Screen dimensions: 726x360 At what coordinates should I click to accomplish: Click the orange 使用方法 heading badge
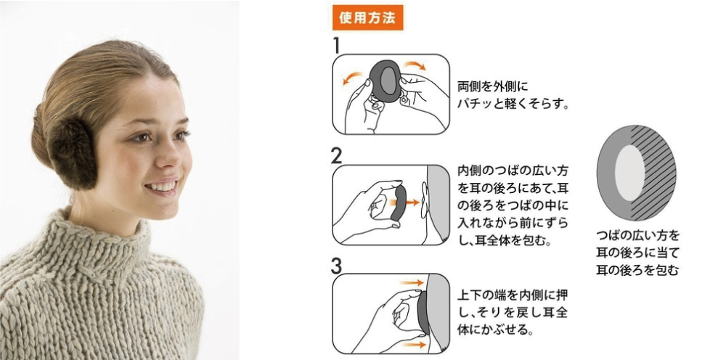(x=367, y=17)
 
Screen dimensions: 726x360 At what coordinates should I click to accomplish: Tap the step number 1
(x=337, y=46)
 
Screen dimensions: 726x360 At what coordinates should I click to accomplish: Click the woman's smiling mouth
(x=160, y=186)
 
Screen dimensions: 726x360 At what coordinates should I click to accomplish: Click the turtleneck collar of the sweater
(x=107, y=241)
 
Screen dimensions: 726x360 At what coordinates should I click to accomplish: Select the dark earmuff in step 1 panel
(x=386, y=81)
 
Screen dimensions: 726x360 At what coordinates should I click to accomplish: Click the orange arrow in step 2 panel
(x=408, y=202)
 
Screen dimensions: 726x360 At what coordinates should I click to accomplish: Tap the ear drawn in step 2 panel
(x=424, y=201)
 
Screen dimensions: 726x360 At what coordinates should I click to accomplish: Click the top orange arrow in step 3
(x=412, y=282)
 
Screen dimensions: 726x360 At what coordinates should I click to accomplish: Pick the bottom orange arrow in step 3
(x=412, y=345)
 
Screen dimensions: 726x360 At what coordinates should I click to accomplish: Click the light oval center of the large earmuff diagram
(x=629, y=173)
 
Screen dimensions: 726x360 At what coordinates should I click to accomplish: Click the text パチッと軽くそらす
(x=513, y=104)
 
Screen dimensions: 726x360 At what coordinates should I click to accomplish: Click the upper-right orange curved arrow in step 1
(x=414, y=65)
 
